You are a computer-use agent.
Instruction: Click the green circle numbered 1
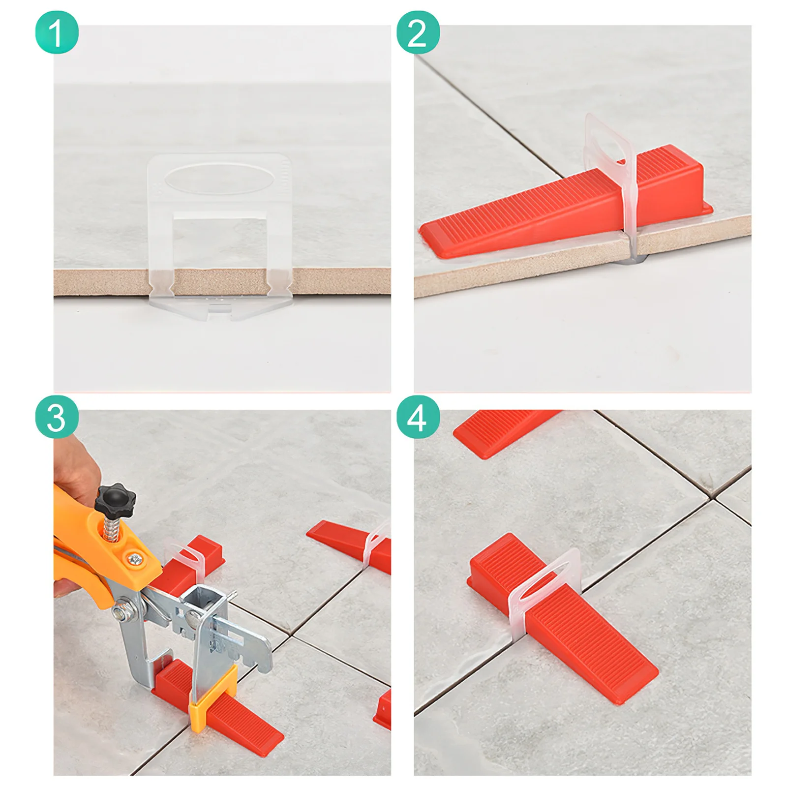click(x=57, y=32)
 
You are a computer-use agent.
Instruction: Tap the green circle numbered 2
click(x=418, y=32)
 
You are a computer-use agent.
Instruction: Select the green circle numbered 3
click(x=57, y=418)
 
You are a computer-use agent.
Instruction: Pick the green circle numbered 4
click(x=418, y=418)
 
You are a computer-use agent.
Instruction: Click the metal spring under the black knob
click(x=113, y=532)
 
